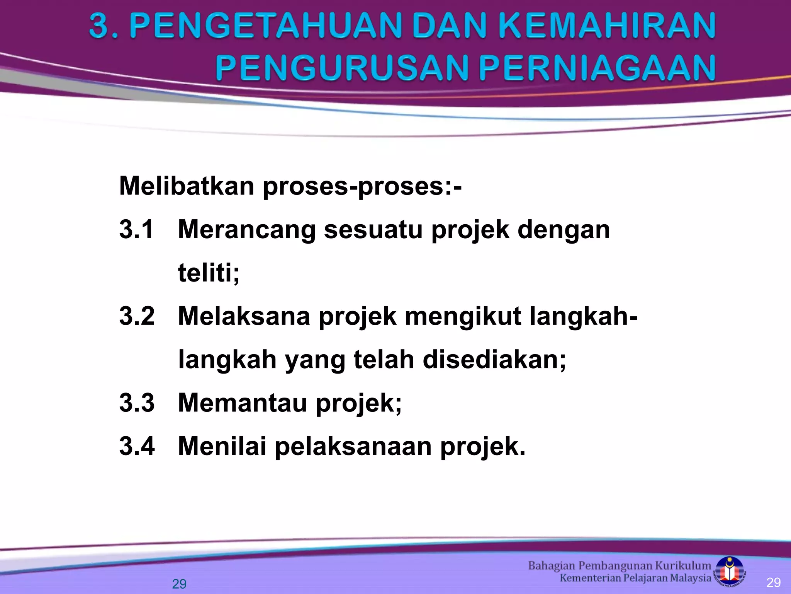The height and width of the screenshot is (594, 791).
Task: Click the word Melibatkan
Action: point(187,186)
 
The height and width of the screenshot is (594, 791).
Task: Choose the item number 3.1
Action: point(136,229)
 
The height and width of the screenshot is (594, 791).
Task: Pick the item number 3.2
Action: point(137,316)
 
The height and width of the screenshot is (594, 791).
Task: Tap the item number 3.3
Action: point(137,403)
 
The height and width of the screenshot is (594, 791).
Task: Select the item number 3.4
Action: point(137,446)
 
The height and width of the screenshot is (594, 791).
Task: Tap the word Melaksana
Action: point(244,316)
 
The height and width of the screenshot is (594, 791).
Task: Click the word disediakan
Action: point(494,360)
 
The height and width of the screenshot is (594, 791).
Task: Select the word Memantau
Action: point(243,403)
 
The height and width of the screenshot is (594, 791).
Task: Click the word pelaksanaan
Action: point(353,446)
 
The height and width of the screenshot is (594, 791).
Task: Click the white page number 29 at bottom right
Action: point(773,582)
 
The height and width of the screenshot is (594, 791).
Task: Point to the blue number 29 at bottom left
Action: point(179,584)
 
